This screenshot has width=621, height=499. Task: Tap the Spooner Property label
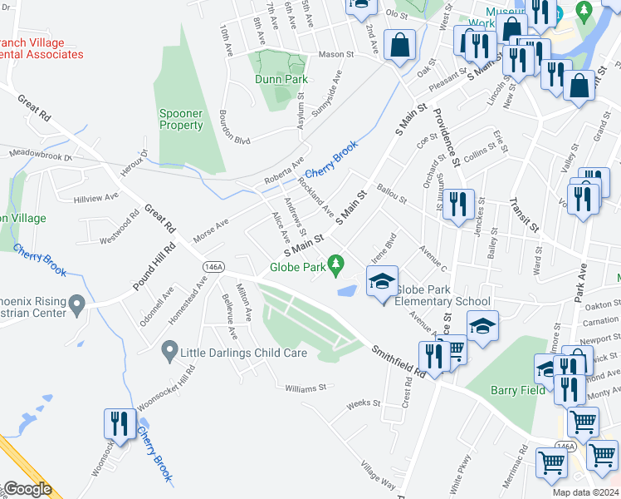(181, 119)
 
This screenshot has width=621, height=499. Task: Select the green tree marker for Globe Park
(336, 265)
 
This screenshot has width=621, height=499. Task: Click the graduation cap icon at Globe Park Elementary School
(382, 283)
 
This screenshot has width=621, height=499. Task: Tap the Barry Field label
(518, 390)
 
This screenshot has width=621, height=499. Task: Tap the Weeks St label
(363, 403)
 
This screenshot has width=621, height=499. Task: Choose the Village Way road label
(378, 474)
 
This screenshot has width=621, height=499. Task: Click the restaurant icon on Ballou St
(458, 205)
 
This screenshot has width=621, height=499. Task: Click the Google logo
(27, 489)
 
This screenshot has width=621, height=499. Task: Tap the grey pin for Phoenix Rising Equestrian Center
(77, 305)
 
